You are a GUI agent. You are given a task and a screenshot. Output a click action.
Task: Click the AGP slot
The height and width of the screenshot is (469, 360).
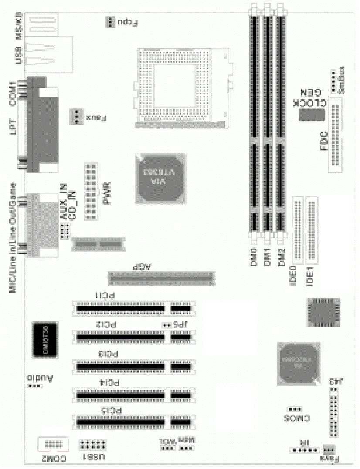(x=162, y=277)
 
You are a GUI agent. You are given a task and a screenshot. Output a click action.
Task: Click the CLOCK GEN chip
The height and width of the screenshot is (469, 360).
(x=312, y=114)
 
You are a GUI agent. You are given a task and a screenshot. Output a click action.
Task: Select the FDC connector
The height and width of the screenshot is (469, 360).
(x=336, y=135)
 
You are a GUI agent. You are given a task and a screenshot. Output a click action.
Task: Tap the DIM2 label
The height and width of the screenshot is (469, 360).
(x=282, y=257)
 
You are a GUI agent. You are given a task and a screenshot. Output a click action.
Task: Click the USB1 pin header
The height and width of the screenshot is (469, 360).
(x=92, y=445)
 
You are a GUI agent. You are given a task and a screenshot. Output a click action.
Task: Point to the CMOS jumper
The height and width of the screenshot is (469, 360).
(x=295, y=409)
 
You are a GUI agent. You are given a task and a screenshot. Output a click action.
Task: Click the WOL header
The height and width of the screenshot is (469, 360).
(x=166, y=449)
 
